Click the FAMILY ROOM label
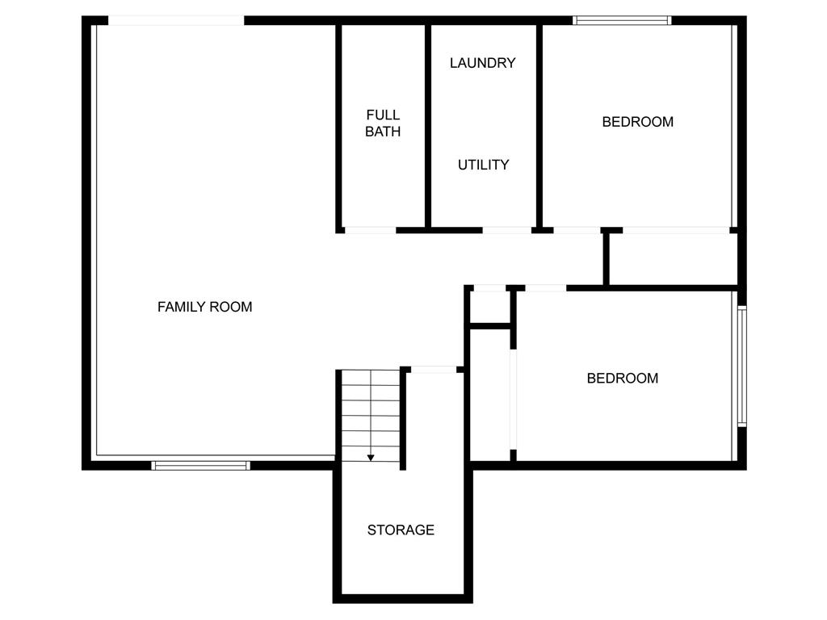(204, 307)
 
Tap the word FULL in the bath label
(383, 115)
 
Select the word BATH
(383, 132)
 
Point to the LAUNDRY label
(483, 63)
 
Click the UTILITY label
(483, 165)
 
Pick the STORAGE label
(401, 530)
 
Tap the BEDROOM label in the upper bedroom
(638, 122)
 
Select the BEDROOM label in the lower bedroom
(623, 378)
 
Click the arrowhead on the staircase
(371, 458)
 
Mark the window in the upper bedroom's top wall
(622, 20)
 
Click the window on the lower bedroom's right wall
(742, 366)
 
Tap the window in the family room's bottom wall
(200, 466)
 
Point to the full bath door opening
(370, 230)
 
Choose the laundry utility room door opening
(507, 230)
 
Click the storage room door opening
(434, 370)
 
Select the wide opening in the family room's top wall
(176, 20)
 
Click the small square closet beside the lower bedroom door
(489, 307)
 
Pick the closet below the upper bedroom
(673, 259)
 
